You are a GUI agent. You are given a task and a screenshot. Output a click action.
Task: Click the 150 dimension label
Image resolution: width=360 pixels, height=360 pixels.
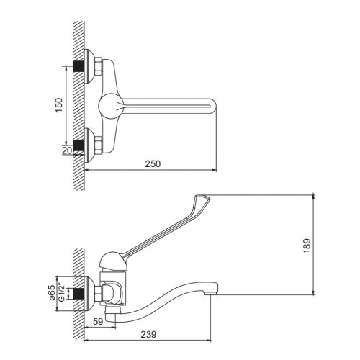click(x=59, y=105)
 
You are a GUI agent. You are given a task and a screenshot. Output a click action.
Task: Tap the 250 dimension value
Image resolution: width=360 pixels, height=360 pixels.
click(x=153, y=163)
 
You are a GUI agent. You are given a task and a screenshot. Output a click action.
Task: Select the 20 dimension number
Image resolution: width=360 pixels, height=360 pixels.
click(x=67, y=150)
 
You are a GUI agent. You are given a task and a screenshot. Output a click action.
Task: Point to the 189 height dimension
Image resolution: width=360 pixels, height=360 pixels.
click(x=307, y=246)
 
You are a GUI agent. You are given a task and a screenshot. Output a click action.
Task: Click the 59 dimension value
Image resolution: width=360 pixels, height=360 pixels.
click(x=98, y=321)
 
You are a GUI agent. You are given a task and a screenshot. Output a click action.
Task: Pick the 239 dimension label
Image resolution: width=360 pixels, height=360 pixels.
click(x=148, y=334)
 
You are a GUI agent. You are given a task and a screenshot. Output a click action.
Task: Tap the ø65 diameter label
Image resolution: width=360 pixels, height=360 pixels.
click(x=52, y=293)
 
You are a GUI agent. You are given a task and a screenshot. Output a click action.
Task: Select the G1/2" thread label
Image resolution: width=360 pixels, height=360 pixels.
click(x=61, y=293)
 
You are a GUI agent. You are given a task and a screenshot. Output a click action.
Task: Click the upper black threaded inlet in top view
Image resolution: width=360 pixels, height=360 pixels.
click(x=78, y=66)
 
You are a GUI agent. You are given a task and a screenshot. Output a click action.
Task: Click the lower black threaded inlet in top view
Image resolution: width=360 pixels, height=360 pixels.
click(x=78, y=145)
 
